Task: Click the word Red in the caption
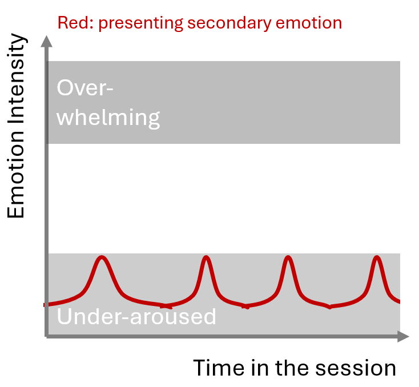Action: coord(70,23)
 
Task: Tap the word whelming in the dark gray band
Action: coord(109,118)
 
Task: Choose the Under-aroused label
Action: coord(137,316)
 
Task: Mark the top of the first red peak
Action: coord(102,257)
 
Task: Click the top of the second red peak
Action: coord(206,257)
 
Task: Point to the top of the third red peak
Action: coord(288,257)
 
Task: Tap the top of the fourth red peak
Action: coord(376,257)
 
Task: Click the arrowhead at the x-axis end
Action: coord(404,337)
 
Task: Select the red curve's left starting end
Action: coord(45,305)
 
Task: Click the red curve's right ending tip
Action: coord(398,301)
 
